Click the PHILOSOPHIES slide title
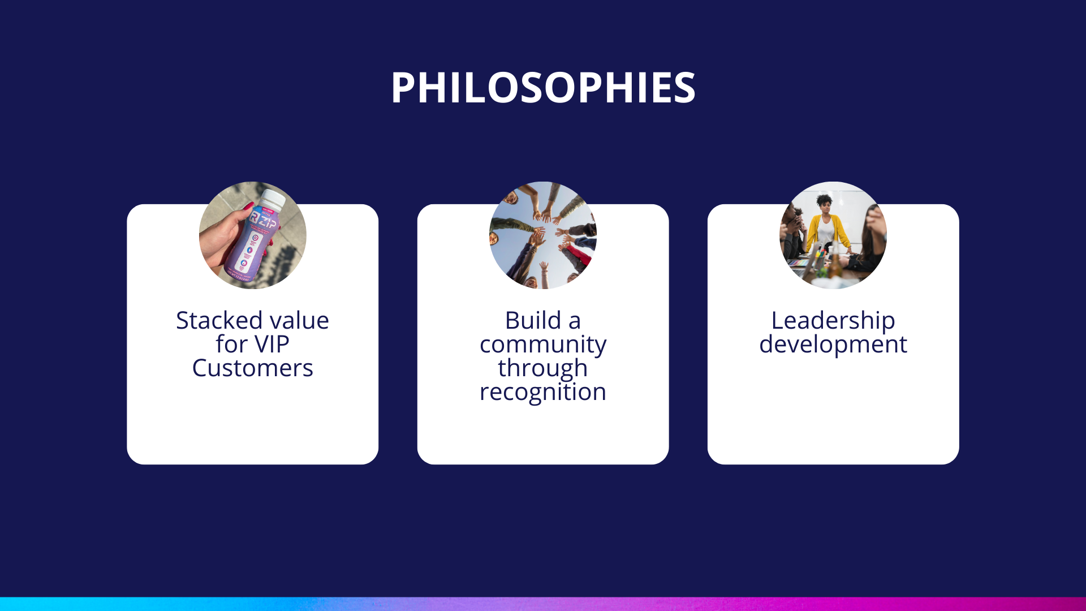543,88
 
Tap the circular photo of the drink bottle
253,235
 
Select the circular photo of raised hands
543,235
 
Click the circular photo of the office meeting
833,235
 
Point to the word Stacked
211,320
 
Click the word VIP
272,344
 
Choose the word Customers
253,368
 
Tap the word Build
533,320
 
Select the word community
543,345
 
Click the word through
543,369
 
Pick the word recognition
543,393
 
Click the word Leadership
833,321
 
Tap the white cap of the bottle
274,197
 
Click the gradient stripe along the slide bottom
543,604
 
